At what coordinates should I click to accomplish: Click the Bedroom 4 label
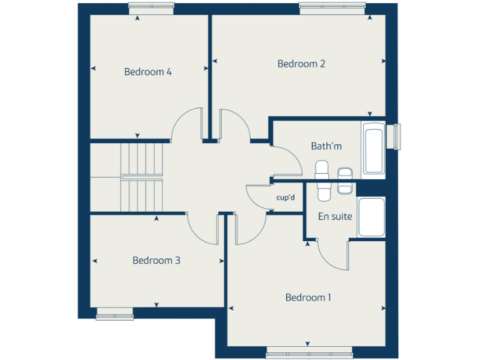147,72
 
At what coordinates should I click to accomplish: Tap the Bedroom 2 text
301,64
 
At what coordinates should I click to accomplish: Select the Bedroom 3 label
156,261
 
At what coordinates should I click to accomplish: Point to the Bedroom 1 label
308,297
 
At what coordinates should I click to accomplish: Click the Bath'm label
326,146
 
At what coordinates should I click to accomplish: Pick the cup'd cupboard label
285,198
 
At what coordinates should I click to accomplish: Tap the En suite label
335,217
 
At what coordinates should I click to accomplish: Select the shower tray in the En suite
371,217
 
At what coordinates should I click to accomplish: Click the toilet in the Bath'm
322,169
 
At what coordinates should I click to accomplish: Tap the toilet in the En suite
323,191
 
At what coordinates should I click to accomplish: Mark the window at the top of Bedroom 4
151,7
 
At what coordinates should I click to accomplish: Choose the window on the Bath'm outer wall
394,137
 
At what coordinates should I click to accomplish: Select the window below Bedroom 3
115,314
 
